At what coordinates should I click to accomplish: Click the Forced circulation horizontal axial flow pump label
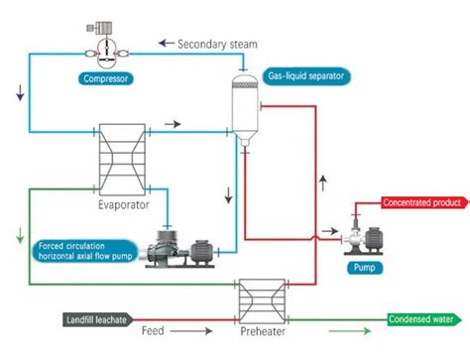click(x=86, y=251)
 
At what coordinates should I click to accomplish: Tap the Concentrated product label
click(x=421, y=203)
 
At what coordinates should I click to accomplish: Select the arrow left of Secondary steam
click(x=166, y=44)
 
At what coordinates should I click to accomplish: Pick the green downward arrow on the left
click(x=20, y=236)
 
